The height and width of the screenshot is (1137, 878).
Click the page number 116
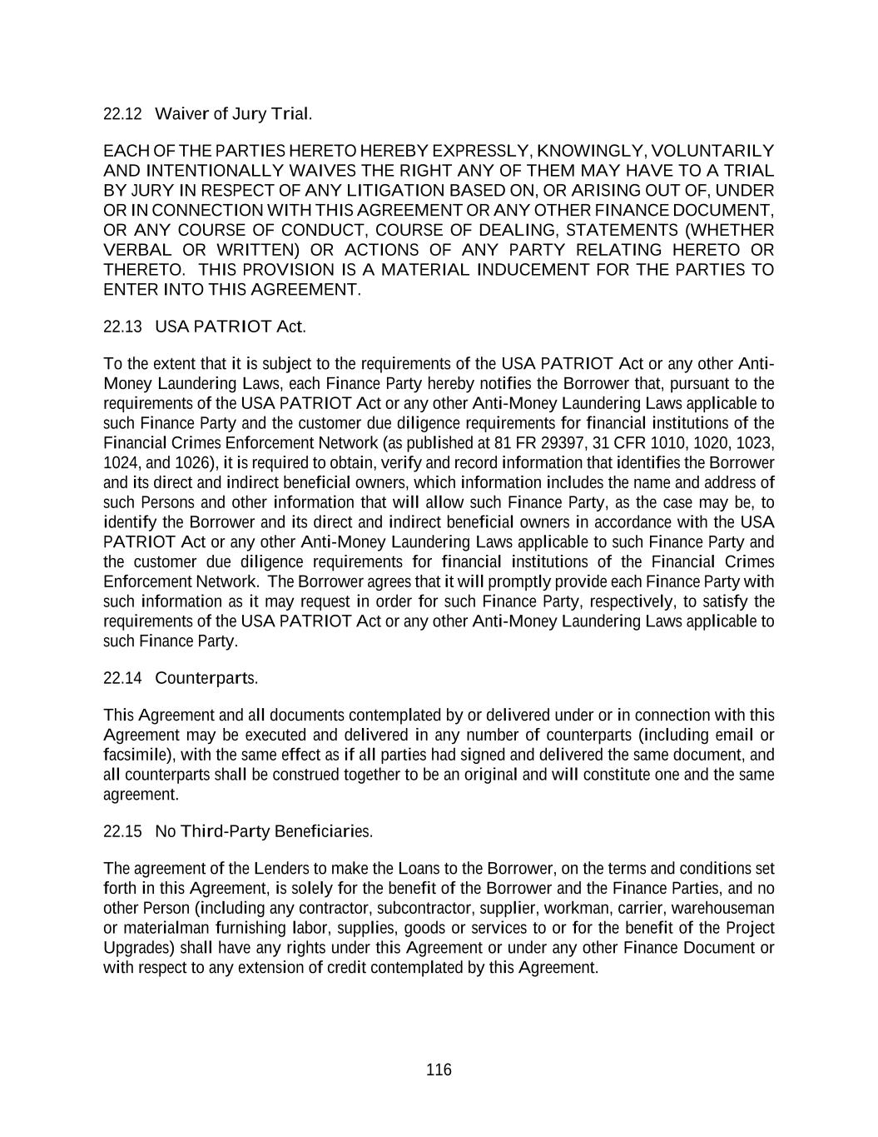click(439, 1070)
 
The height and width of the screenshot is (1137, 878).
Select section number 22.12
click(123, 113)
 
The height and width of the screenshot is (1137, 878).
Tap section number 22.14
click(123, 678)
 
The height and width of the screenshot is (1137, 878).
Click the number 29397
click(564, 443)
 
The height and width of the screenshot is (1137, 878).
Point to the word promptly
click(521, 581)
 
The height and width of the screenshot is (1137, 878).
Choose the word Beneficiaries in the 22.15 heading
click(324, 831)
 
